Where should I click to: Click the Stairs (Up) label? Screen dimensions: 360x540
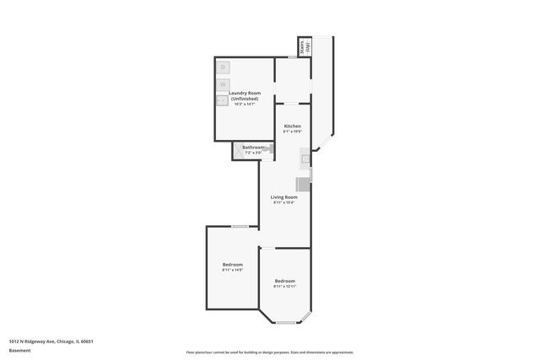tap(305, 46)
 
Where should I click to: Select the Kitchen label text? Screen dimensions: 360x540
tap(292, 126)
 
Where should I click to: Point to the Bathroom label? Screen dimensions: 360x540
tap(253, 148)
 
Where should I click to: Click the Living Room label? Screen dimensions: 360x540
tap(283, 197)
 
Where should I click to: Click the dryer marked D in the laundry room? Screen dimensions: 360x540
tap(223, 67)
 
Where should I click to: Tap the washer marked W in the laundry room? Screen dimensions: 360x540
tap(223, 84)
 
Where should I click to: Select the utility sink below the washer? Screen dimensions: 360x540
tap(222, 99)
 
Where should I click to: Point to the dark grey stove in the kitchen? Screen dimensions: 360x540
tap(303, 184)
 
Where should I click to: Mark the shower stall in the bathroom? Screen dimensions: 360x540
tap(238, 152)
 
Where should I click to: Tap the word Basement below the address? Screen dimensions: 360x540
tap(20, 351)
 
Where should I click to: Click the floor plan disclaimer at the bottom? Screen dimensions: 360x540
tap(270, 352)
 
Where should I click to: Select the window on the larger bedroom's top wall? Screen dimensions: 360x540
tap(240, 226)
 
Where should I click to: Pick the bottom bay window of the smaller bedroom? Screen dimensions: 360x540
tap(284, 323)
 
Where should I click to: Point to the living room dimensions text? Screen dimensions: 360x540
tap(283, 202)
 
